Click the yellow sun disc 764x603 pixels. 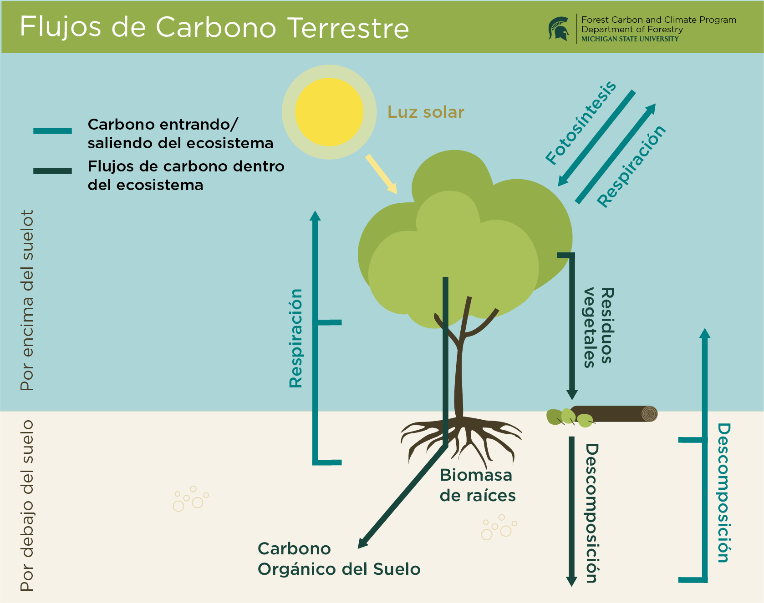pyautogui.click(x=329, y=112)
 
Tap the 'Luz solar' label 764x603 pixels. pyautogui.click(x=426, y=112)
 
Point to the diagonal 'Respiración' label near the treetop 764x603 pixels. pyautogui.click(x=632, y=166)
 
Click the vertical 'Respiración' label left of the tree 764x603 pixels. pyautogui.click(x=296, y=338)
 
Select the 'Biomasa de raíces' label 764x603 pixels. pyautogui.click(x=477, y=485)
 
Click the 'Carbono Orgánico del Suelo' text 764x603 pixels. pyautogui.click(x=339, y=559)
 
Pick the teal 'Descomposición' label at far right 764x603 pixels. pyautogui.click(x=724, y=493)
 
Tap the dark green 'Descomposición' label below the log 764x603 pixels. pyautogui.click(x=591, y=513)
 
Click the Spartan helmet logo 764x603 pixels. pyautogui.click(x=559, y=29)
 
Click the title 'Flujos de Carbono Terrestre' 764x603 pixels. pyautogui.click(x=214, y=27)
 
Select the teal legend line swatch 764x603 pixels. pyautogui.click(x=52, y=131)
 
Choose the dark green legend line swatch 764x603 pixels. pyautogui.click(x=52, y=171)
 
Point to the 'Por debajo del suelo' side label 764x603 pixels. pyautogui.click(x=27, y=505)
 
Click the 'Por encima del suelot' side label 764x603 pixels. pyautogui.click(x=27, y=300)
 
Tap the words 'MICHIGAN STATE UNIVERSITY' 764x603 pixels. pyautogui.click(x=630, y=39)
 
